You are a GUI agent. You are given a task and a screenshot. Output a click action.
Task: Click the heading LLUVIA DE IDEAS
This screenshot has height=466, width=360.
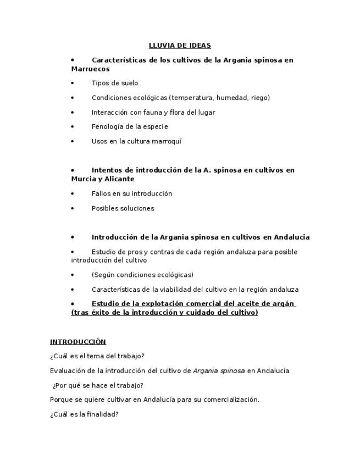click(180, 46)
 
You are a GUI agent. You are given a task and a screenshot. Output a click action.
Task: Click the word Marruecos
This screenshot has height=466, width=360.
click(90, 69)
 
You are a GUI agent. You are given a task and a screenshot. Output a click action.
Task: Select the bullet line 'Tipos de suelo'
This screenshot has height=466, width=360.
click(114, 84)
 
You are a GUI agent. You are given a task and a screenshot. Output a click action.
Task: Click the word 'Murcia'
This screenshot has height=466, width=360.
click(84, 179)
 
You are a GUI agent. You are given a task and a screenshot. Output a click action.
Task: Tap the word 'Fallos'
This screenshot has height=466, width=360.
click(102, 194)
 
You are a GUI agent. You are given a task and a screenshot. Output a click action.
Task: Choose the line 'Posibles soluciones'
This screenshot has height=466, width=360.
click(123, 208)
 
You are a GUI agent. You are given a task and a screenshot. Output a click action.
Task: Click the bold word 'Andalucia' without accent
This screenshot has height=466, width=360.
click(290, 237)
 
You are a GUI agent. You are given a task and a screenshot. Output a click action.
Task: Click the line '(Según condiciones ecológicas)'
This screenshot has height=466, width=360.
click(142, 275)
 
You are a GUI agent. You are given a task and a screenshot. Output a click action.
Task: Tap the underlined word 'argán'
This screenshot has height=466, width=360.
click(283, 304)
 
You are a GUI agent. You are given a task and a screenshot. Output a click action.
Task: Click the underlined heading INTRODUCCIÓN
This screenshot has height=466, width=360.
click(78, 342)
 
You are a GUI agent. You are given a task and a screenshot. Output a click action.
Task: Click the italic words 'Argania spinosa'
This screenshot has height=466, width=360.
click(219, 371)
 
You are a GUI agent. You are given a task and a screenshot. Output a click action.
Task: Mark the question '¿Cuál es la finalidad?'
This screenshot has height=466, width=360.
click(84, 414)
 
